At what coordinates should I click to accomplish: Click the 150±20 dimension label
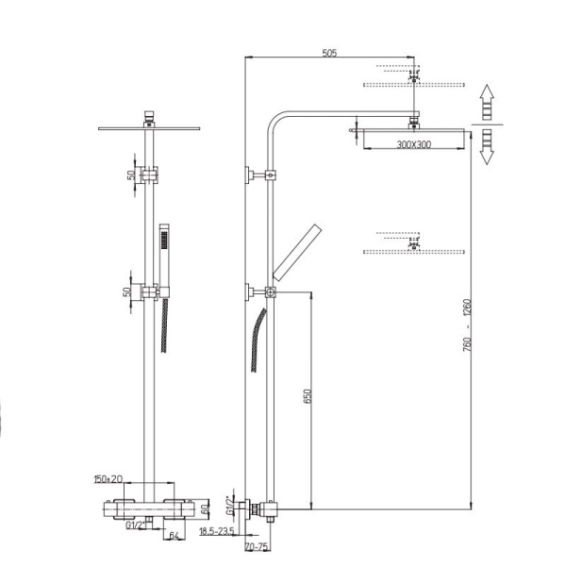pyautogui.click(x=108, y=479)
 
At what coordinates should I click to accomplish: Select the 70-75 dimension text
pyautogui.click(x=256, y=546)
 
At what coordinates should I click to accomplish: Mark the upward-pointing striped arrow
pyautogui.click(x=486, y=103)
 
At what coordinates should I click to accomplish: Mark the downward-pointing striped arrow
pyautogui.click(x=486, y=147)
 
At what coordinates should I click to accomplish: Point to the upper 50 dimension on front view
pyautogui.click(x=129, y=176)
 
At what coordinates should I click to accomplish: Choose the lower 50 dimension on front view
pyautogui.click(x=129, y=292)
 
